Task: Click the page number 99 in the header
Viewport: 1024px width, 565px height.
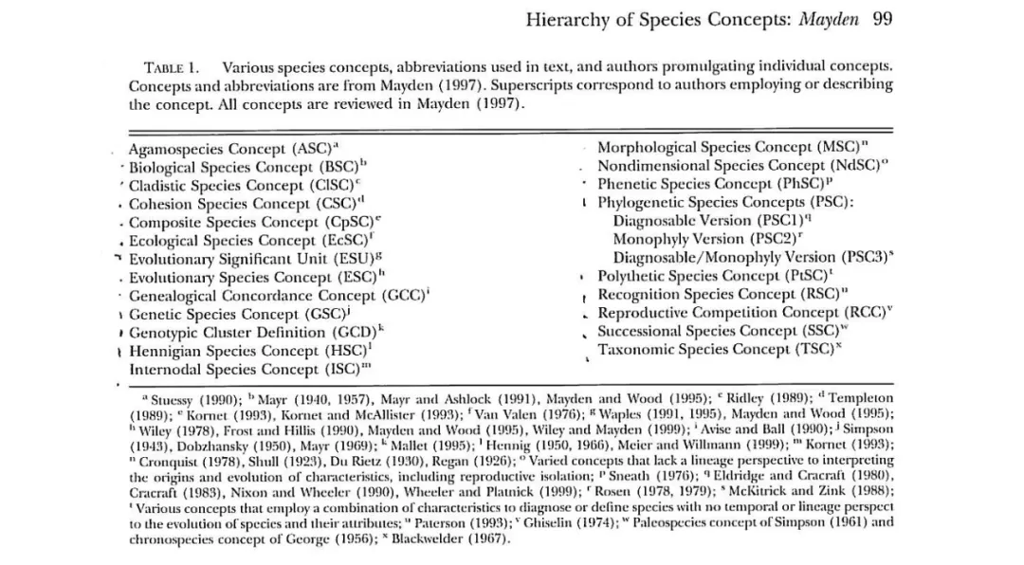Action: (882, 18)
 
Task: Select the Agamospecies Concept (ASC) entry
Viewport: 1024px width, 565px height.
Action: (229, 149)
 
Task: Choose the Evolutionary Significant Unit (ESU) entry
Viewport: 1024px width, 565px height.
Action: (252, 259)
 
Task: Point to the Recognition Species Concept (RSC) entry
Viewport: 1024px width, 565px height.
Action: (722, 295)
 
